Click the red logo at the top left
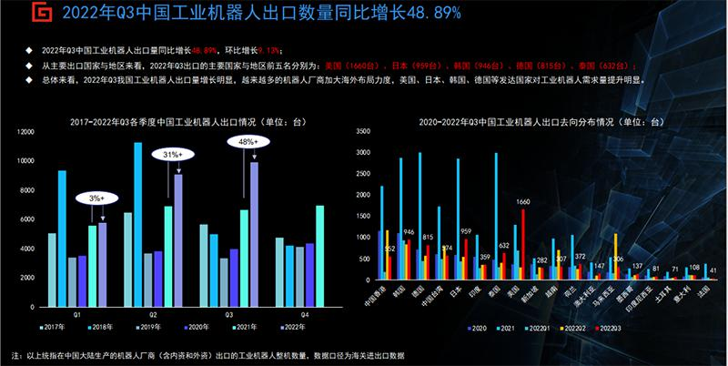16,14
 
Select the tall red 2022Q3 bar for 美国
523,242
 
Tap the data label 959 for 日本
465,231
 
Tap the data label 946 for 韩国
409,231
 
